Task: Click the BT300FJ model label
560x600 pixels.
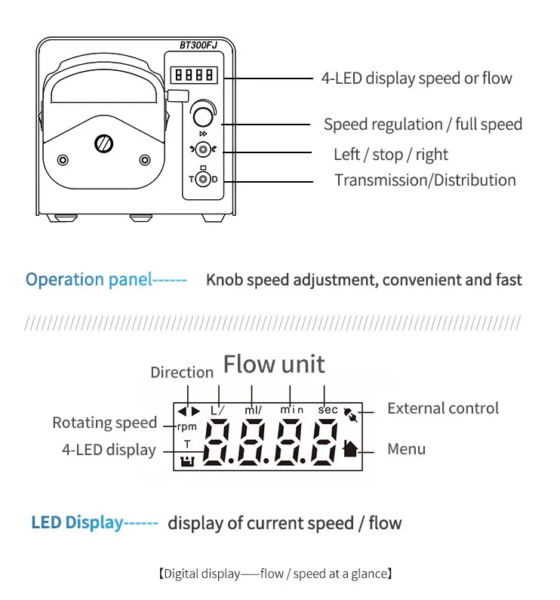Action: click(x=198, y=45)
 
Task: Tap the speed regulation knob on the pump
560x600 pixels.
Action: click(x=202, y=115)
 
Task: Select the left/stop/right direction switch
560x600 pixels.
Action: click(x=202, y=149)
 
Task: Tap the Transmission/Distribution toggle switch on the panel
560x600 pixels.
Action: click(x=202, y=180)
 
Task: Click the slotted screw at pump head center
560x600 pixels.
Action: click(x=102, y=143)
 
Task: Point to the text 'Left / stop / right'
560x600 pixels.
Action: click(x=391, y=155)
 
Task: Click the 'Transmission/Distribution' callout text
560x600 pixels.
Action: click(x=425, y=180)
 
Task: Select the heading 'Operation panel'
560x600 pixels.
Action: click(x=89, y=279)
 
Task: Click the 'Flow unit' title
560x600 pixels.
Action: click(x=274, y=365)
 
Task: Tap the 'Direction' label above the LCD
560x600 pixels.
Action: click(x=182, y=372)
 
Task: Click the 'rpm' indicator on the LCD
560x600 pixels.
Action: click(x=186, y=426)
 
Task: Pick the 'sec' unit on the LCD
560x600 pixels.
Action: click(x=328, y=409)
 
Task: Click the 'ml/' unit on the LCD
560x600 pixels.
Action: click(x=253, y=409)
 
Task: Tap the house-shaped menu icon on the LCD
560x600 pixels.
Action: click(x=349, y=448)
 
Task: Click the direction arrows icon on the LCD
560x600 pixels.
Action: click(x=189, y=411)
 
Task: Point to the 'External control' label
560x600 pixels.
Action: click(x=443, y=408)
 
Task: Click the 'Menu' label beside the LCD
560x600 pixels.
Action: click(x=406, y=449)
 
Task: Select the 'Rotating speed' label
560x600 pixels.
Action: click(x=105, y=423)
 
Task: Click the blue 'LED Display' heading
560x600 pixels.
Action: click(x=77, y=522)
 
